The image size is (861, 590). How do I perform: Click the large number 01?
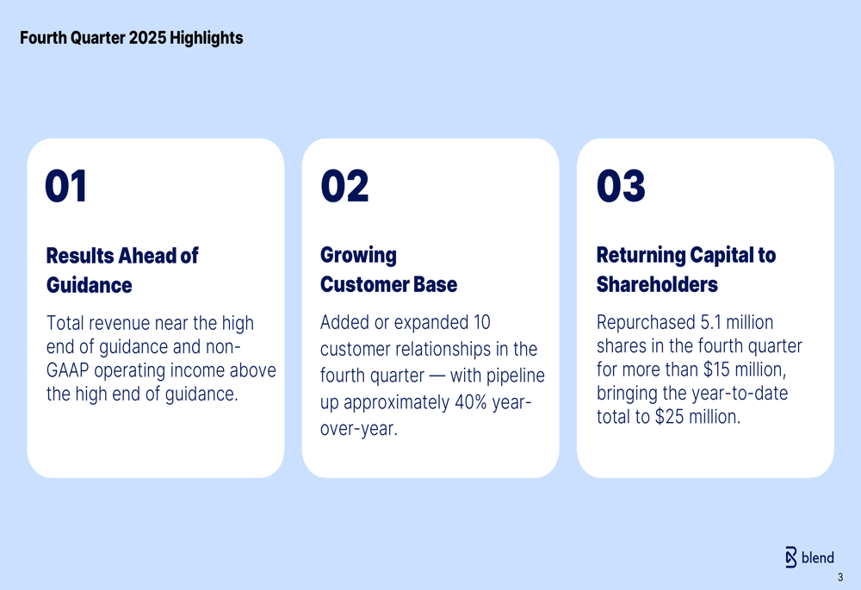point(66,187)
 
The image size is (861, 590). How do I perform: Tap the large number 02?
point(344,187)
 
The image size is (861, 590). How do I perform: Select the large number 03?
point(621,187)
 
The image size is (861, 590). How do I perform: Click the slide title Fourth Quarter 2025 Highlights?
point(131,38)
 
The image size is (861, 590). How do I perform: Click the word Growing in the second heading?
point(358,256)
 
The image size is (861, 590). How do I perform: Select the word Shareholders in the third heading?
point(657,284)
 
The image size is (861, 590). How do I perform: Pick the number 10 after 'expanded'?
point(481,323)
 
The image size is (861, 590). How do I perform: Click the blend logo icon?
point(791,557)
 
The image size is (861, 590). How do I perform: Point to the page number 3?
point(840,578)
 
